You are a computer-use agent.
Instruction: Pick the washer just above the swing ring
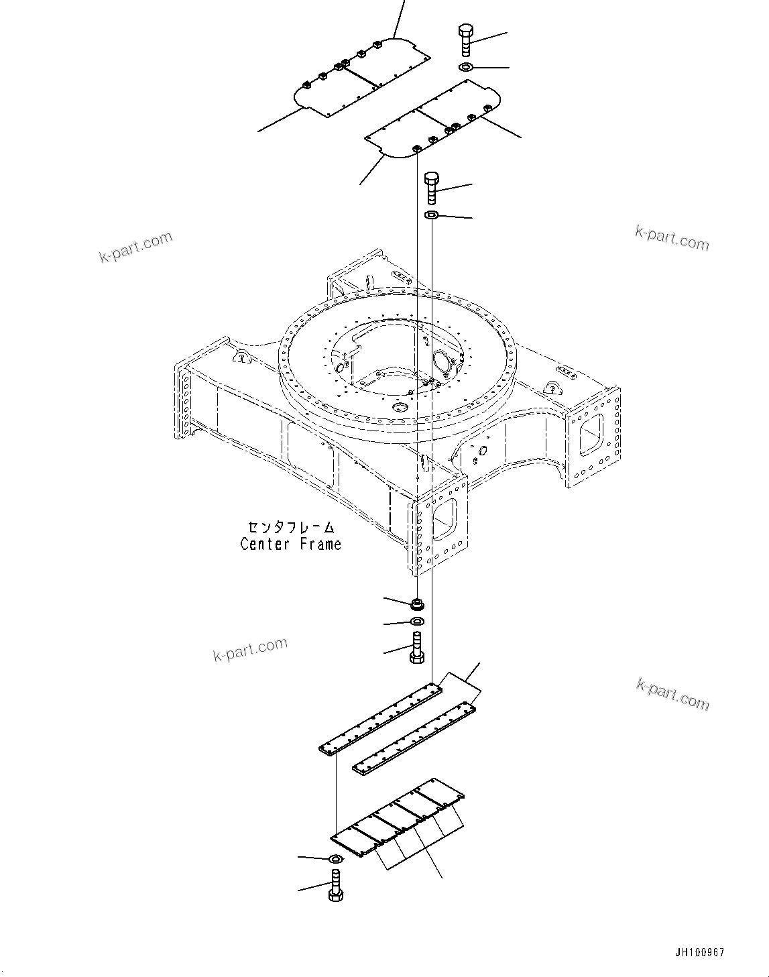[x=432, y=215]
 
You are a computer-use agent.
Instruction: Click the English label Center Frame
[x=290, y=544]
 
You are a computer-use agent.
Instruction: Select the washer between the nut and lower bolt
[x=416, y=622]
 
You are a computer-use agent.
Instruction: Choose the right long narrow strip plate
[x=414, y=738]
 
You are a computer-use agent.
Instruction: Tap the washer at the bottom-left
[x=335, y=860]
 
